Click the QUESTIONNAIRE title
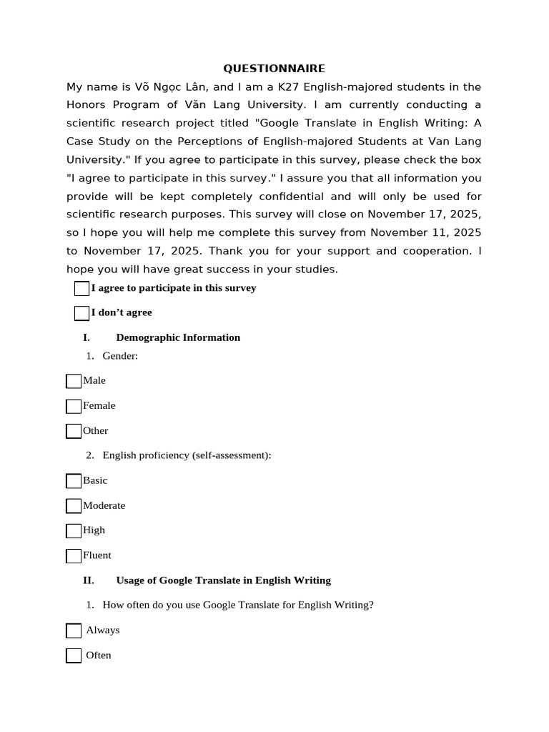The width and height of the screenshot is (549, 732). pyautogui.click(x=274, y=69)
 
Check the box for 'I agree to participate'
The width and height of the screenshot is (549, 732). pyautogui.click(x=81, y=289)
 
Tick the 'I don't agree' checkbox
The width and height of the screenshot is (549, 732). pyautogui.click(x=81, y=313)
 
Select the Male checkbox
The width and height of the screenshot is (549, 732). pyautogui.click(x=74, y=381)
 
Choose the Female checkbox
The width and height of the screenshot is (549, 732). pyautogui.click(x=74, y=406)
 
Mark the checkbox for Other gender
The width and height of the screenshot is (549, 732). pyautogui.click(x=74, y=431)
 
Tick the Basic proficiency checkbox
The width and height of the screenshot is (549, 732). pyautogui.click(x=74, y=481)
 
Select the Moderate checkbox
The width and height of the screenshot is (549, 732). pyautogui.click(x=74, y=506)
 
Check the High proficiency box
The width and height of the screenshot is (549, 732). pyautogui.click(x=74, y=530)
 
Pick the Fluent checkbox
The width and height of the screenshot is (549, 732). pyautogui.click(x=74, y=555)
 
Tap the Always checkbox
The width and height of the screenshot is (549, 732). pyautogui.click(x=74, y=630)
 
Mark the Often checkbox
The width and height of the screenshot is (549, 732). pyautogui.click(x=74, y=656)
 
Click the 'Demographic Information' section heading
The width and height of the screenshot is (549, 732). pyautogui.click(x=178, y=337)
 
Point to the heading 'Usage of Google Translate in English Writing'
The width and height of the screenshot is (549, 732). pyautogui.click(x=223, y=580)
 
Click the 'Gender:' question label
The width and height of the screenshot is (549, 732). pyautogui.click(x=120, y=355)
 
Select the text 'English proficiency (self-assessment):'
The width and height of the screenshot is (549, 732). pyautogui.click(x=187, y=455)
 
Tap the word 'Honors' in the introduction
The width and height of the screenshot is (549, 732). pyautogui.click(x=85, y=105)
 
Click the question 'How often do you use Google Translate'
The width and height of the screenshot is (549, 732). pyautogui.click(x=237, y=605)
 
